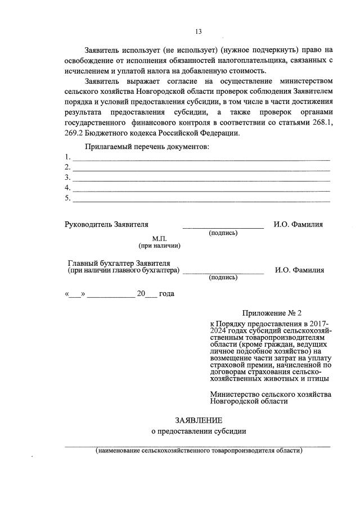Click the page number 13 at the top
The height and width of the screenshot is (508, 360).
pyautogui.click(x=198, y=31)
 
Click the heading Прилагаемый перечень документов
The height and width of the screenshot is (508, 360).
pyautogui.click(x=147, y=147)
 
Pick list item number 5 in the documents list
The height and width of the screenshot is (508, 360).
pyautogui.click(x=67, y=198)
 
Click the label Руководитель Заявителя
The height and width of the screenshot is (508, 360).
pyautogui.click(x=107, y=225)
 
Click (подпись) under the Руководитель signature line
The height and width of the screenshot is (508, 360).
pyautogui.click(x=223, y=233)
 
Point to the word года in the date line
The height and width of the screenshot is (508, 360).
pyautogui.click(x=166, y=294)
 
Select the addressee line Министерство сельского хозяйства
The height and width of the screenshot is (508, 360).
pyautogui.click(x=271, y=394)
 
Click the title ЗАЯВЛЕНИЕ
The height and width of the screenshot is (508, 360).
pyautogui.click(x=199, y=420)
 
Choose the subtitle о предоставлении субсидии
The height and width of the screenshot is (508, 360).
pyautogui.click(x=199, y=432)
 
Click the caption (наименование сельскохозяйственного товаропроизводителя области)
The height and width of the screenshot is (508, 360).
pyautogui.click(x=199, y=450)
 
